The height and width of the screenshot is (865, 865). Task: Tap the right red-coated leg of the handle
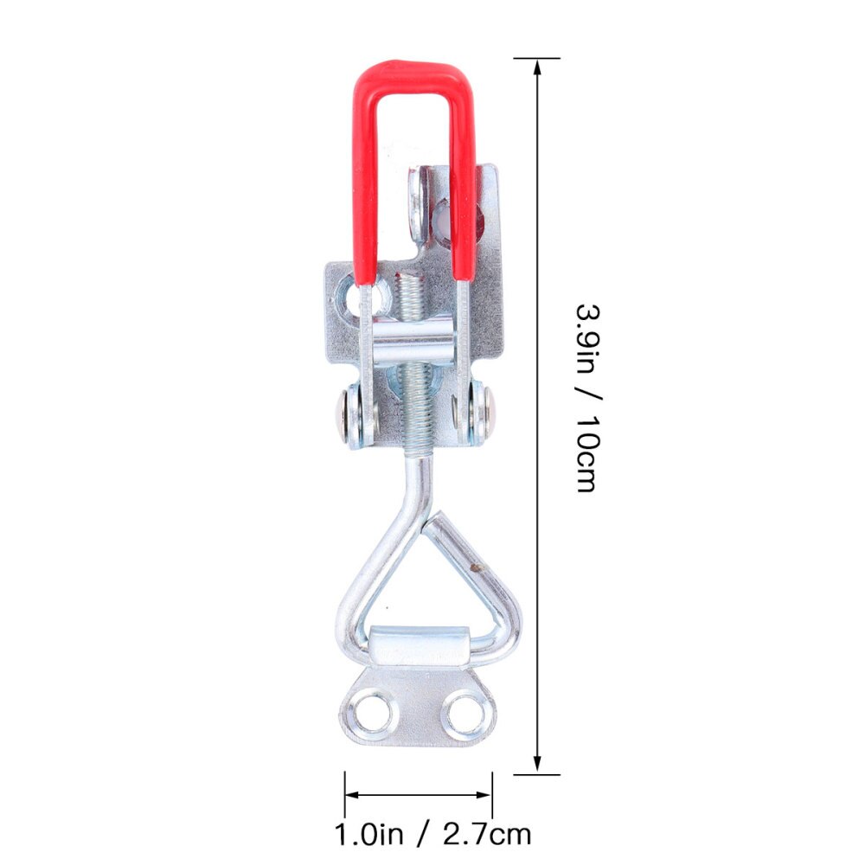click(463, 190)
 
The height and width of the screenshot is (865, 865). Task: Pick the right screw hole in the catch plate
click(465, 714)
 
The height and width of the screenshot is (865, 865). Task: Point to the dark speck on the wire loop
click(473, 569)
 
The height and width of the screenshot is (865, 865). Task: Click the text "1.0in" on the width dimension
click(370, 835)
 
